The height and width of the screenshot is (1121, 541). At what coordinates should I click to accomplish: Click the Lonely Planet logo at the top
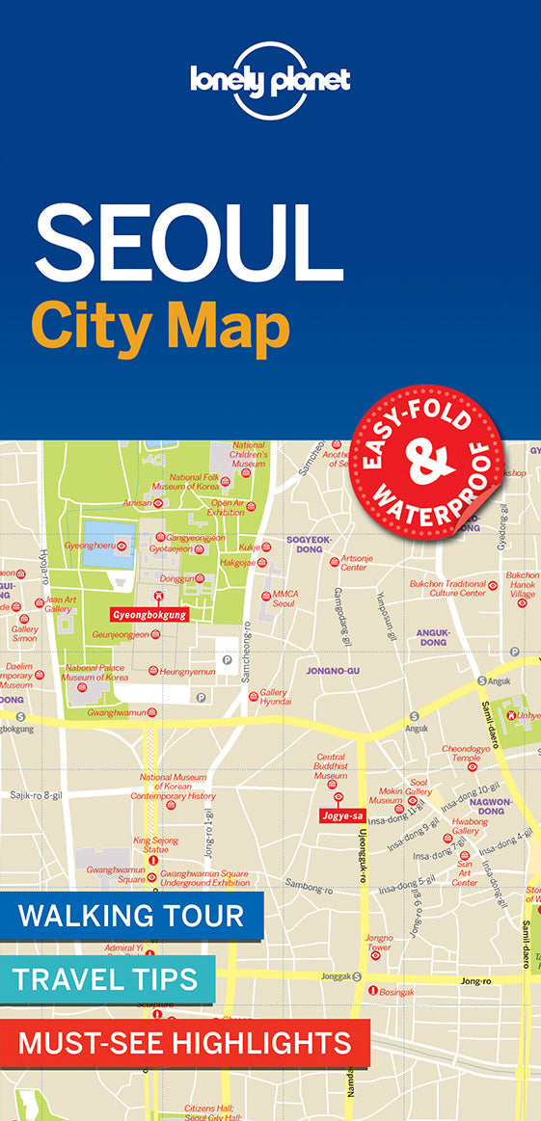(270, 78)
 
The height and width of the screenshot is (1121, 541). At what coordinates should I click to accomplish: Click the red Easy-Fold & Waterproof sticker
(425, 459)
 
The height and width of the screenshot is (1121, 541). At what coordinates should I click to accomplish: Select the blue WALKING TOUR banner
(131, 916)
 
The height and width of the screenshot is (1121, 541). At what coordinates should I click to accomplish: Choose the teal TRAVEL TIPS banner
(106, 979)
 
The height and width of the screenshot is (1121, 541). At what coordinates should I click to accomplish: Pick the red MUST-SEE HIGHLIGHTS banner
(184, 1042)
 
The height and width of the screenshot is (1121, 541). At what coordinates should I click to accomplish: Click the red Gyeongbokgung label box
(149, 614)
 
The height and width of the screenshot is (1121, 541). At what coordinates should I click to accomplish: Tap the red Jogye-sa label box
(342, 815)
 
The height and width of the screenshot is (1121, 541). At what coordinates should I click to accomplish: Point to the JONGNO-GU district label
(332, 670)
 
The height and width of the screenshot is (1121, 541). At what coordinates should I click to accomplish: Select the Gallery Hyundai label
(275, 698)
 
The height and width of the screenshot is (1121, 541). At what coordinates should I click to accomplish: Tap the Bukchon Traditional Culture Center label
(447, 588)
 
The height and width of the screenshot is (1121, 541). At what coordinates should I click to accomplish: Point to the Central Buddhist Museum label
(331, 766)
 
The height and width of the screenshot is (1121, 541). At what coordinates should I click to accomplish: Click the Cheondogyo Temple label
(459, 753)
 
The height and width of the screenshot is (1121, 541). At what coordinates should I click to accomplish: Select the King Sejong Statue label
(156, 844)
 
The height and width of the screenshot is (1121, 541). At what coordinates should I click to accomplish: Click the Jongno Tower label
(379, 942)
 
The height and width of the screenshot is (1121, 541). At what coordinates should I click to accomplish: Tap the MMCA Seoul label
(284, 599)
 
